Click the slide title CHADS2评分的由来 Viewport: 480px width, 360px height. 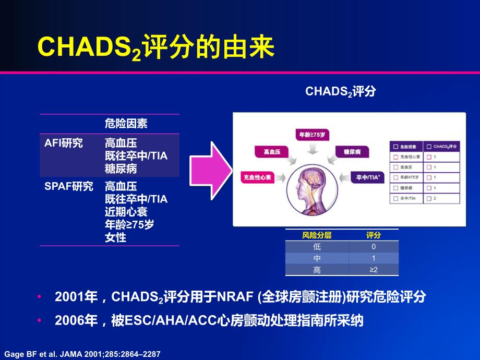point(155,48)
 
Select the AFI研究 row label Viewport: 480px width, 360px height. point(64,143)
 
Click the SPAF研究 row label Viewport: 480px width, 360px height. point(69,186)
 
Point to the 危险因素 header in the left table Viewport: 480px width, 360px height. point(126,124)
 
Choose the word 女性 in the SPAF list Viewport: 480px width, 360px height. point(115,238)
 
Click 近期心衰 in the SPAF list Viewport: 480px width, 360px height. point(126,212)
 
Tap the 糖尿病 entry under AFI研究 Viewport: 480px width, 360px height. point(121,169)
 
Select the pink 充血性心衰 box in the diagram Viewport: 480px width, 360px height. point(257,177)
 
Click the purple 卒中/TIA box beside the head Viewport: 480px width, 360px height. point(368,177)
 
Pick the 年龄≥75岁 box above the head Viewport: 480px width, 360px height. point(313,135)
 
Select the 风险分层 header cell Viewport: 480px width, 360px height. point(317,235)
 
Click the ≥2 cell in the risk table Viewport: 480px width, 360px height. point(373,270)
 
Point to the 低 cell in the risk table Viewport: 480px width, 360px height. point(317,247)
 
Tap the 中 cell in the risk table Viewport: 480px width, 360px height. point(317,258)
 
